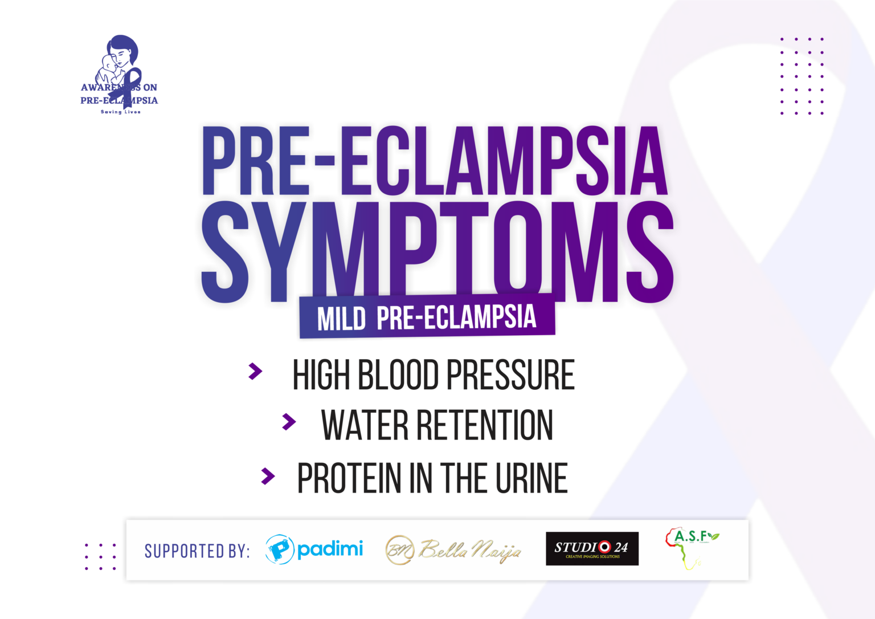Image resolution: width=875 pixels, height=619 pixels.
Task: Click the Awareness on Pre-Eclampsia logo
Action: [x=119, y=75]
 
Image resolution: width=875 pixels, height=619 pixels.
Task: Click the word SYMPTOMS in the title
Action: [x=439, y=251]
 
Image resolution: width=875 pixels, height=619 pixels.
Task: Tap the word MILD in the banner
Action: [x=341, y=319]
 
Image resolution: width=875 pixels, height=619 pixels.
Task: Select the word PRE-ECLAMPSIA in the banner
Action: [x=456, y=317]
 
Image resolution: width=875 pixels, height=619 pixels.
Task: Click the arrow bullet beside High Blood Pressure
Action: [x=255, y=372]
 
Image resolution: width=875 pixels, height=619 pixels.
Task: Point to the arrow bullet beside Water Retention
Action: [x=289, y=422]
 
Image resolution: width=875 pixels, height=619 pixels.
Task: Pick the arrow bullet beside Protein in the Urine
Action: [x=268, y=475]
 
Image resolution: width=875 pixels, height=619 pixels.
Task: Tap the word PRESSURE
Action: [x=510, y=375]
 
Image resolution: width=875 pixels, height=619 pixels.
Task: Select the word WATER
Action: [x=365, y=425]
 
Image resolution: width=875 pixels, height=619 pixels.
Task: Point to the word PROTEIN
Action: [x=349, y=478]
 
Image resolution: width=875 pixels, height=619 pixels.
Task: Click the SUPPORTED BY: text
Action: [x=197, y=551]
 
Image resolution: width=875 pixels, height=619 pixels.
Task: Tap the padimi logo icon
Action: [x=279, y=549]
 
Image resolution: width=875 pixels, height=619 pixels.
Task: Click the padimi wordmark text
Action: [x=330, y=549]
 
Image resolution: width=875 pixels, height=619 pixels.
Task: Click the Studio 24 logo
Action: [x=592, y=549]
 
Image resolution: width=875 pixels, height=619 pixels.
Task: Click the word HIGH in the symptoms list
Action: [x=320, y=375]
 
